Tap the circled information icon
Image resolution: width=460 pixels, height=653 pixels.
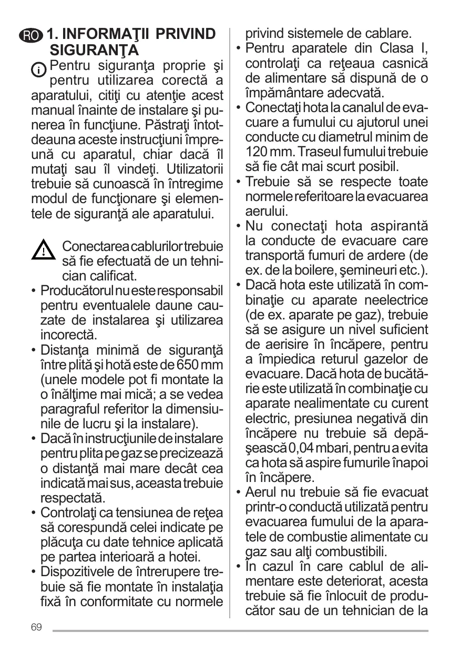[x=38, y=68]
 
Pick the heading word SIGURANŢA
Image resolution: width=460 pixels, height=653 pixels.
[x=94, y=51]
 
